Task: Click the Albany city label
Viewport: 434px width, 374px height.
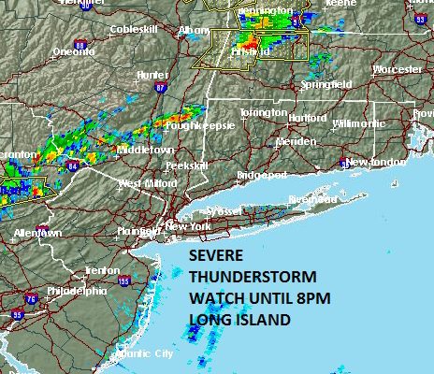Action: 194,30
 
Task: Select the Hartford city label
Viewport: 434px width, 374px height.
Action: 308,119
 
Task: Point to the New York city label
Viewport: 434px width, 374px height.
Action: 182,226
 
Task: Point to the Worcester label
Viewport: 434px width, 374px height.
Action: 397,69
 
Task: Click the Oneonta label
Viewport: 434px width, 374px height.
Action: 73,51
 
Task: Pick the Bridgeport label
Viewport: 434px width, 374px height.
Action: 261,175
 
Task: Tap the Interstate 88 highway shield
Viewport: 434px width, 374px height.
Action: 80,44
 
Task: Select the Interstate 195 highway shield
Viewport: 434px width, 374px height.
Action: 124,280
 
